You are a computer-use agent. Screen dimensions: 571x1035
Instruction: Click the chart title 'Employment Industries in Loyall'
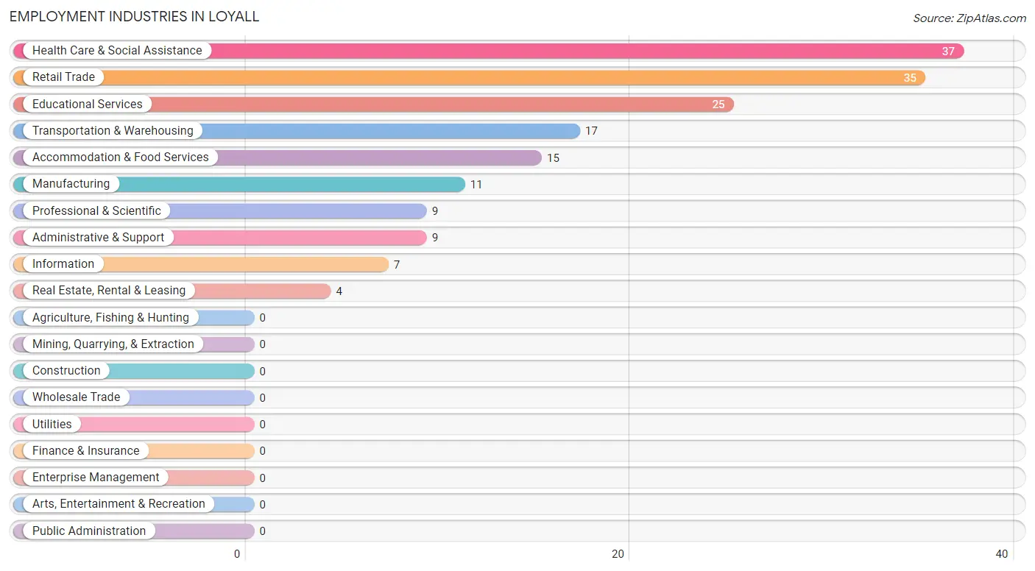(135, 16)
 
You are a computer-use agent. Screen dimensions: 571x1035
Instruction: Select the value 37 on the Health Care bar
(948, 52)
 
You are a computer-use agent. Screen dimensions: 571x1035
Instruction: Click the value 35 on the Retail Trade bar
(910, 78)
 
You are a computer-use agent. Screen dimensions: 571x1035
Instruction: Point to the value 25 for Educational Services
(718, 104)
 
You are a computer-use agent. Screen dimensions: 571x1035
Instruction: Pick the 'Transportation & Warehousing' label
(113, 131)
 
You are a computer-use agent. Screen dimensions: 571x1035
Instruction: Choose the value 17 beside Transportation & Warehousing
(591, 132)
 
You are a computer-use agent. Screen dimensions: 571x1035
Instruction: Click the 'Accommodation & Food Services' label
(121, 157)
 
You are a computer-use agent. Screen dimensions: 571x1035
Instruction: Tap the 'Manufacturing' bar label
(71, 184)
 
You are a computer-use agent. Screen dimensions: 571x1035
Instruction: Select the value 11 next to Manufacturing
(476, 185)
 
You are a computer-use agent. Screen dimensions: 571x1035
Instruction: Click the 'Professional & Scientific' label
(96, 211)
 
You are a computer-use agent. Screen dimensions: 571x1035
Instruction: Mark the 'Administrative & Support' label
(99, 238)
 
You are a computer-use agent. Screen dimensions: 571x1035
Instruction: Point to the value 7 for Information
(397, 265)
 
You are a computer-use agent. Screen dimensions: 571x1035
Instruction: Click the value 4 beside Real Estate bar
(339, 291)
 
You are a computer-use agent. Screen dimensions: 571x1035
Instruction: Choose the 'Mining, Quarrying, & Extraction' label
(113, 344)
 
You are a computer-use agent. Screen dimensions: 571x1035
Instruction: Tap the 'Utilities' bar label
(52, 425)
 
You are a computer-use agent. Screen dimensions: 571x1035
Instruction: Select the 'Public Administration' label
(89, 531)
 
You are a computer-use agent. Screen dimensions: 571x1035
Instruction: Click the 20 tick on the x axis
(618, 554)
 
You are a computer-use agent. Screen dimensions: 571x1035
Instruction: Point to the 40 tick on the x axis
(1002, 554)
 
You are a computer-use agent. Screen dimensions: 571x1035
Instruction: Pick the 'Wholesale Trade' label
(77, 397)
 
